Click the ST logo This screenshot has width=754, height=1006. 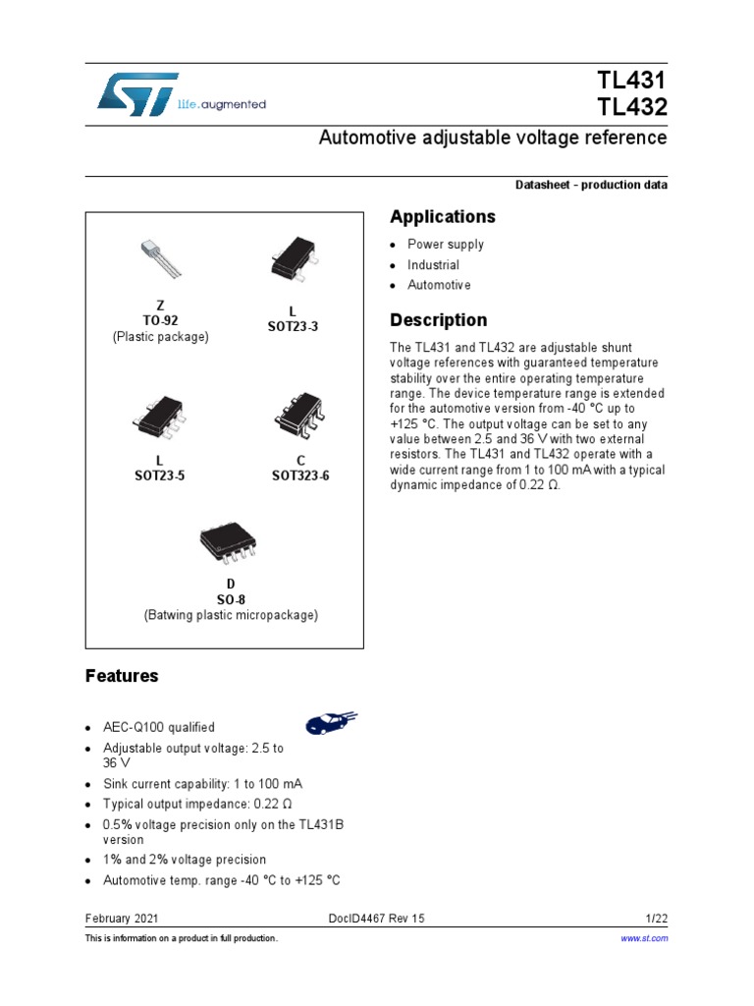point(137,92)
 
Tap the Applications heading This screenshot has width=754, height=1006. point(443,216)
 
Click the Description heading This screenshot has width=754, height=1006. point(438,319)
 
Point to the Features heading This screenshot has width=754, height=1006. point(122,676)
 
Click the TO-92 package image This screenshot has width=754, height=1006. point(160,257)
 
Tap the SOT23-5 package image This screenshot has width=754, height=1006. point(160,417)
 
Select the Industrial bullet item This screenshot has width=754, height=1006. point(433,265)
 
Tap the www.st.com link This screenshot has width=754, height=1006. point(646,939)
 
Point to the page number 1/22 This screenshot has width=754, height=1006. point(657,918)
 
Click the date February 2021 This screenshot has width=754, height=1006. point(122,918)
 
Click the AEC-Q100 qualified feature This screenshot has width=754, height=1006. point(158,728)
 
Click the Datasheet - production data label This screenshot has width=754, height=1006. point(591,186)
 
